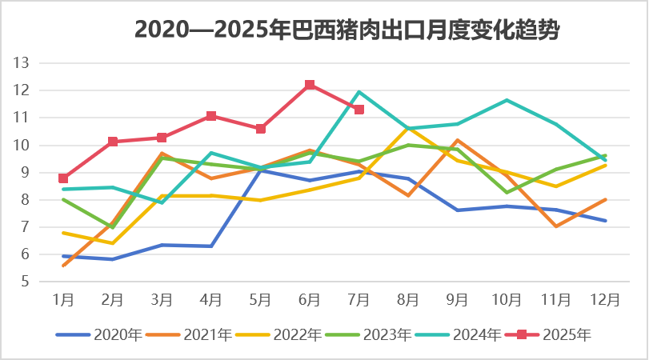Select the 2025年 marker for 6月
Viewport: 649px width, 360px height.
point(310,85)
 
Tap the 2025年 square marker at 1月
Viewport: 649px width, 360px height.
point(63,178)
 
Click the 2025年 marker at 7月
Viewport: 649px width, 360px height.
point(359,110)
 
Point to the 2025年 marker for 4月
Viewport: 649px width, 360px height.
point(211,116)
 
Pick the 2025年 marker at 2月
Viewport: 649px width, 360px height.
point(113,142)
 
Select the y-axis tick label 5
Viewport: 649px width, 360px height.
point(25,282)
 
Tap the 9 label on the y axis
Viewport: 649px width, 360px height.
point(25,172)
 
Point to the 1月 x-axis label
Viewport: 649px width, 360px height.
point(63,301)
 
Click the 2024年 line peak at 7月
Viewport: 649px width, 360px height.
point(359,92)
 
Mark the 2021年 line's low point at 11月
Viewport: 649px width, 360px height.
point(556,226)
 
